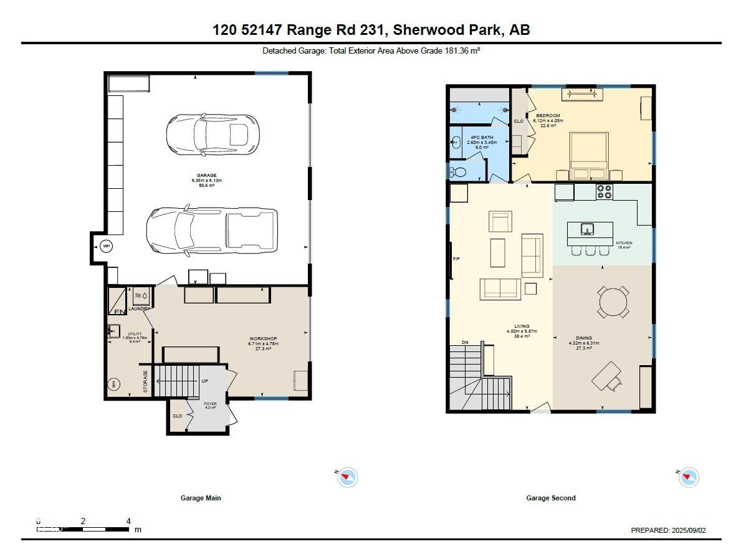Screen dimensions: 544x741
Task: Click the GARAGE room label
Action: point(207,176)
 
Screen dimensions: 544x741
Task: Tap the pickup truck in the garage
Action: point(212,231)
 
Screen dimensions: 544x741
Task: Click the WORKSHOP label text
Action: point(263,339)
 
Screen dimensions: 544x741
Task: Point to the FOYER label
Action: point(210,404)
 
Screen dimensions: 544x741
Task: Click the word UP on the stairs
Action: point(204,381)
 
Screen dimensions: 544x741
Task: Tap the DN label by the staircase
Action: point(465,342)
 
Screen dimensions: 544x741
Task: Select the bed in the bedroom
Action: point(590,156)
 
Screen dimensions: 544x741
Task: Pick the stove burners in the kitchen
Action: point(605,191)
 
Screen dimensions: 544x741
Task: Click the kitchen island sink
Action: point(587,229)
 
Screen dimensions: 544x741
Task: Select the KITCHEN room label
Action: point(624,243)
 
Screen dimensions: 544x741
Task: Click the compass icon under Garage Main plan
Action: point(347,478)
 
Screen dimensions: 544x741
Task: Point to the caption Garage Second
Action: point(551,498)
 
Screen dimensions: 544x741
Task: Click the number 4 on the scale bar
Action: point(128,521)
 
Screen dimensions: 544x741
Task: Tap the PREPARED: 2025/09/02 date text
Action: point(668,530)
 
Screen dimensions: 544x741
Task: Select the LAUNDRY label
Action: point(140,308)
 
